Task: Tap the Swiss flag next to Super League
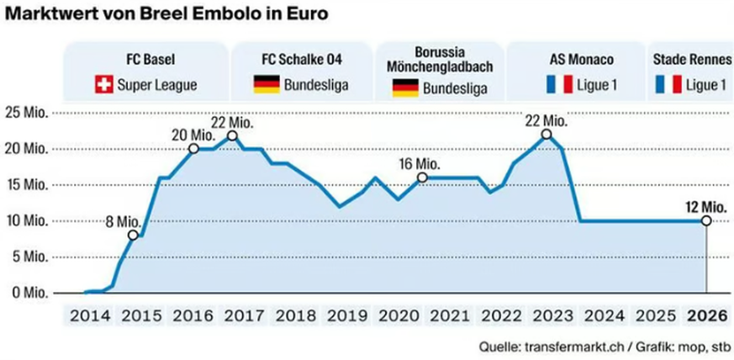pos(105,84)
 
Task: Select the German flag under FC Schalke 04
pos(266,84)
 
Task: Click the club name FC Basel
pos(144,61)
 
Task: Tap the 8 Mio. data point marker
pos(133,236)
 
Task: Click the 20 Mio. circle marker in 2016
pos(193,149)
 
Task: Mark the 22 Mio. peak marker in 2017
pos(232,135)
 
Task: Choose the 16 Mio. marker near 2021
pos(422,177)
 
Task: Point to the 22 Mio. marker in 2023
pos(547,135)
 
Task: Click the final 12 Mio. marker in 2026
pos(705,220)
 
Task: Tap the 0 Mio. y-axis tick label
pos(29,293)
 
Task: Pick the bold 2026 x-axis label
pos(705,316)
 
